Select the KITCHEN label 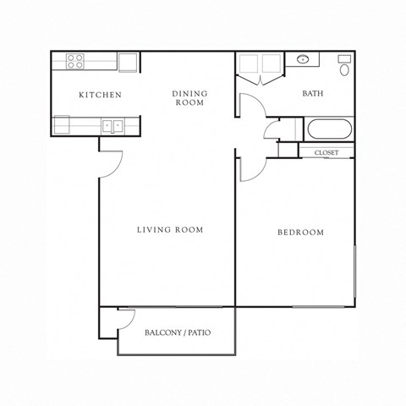pyautogui.click(x=101, y=95)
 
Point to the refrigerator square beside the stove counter pyautogui.click(x=129, y=62)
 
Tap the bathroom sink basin pyautogui.click(x=303, y=60)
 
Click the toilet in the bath pyautogui.click(x=345, y=66)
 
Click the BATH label pyautogui.click(x=315, y=94)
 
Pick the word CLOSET pyautogui.click(x=326, y=152)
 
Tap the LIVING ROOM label pyautogui.click(x=170, y=229)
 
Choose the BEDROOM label pyautogui.click(x=300, y=233)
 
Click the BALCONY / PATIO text pyautogui.click(x=178, y=332)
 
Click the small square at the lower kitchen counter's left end pyautogui.click(x=60, y=126)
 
